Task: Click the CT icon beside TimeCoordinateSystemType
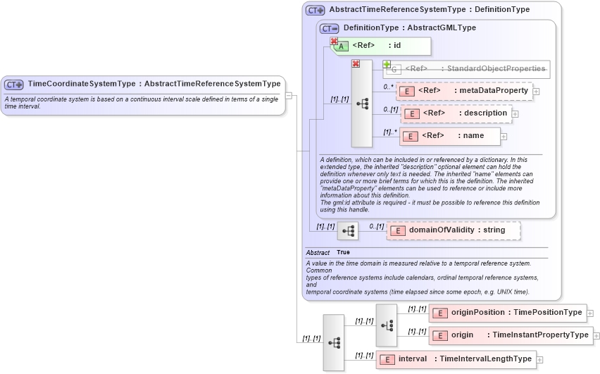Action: coord(14,85)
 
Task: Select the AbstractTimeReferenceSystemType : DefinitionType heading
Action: coord(429,10)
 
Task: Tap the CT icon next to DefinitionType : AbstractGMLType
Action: coord(329,28)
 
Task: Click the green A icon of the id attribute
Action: coord(342,46)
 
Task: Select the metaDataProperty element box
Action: coord(464,91)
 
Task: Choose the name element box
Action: coord(451,136)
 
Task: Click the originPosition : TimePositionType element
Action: coord(507,313)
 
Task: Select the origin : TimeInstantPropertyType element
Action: coord(510,335)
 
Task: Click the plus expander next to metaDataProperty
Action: coord(537,92)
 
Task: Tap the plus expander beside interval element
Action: coord(540,360)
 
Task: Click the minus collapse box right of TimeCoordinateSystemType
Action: coord(289,96)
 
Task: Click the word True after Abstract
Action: coord(343,252)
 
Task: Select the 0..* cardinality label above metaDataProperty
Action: coord(388,87)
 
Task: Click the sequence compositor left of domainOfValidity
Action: coord(348,231)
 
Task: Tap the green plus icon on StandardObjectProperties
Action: coord(387,64)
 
